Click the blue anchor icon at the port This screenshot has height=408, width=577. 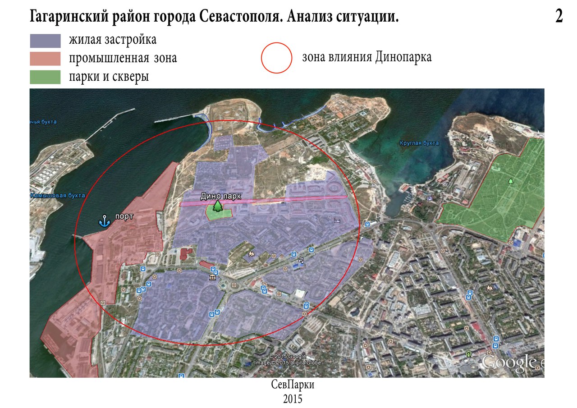[105, 221]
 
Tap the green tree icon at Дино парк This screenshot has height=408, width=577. [218, 206]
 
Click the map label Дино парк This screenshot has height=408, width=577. [221, 196]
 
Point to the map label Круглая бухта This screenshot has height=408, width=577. [419, 143]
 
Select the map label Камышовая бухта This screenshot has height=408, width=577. [58, 196]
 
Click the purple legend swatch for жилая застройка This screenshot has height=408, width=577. [45, 41]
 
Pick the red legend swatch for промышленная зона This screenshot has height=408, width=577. [45, 59]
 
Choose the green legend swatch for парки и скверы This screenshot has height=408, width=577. [45, 77]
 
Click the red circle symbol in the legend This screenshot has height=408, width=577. [277, 58]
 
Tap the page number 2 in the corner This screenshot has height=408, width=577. [559, 17]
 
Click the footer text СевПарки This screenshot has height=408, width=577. [293, 386]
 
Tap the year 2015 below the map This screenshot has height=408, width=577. [293, 399]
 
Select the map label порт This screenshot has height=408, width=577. [124, 216]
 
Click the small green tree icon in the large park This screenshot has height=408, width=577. [510, 181]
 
